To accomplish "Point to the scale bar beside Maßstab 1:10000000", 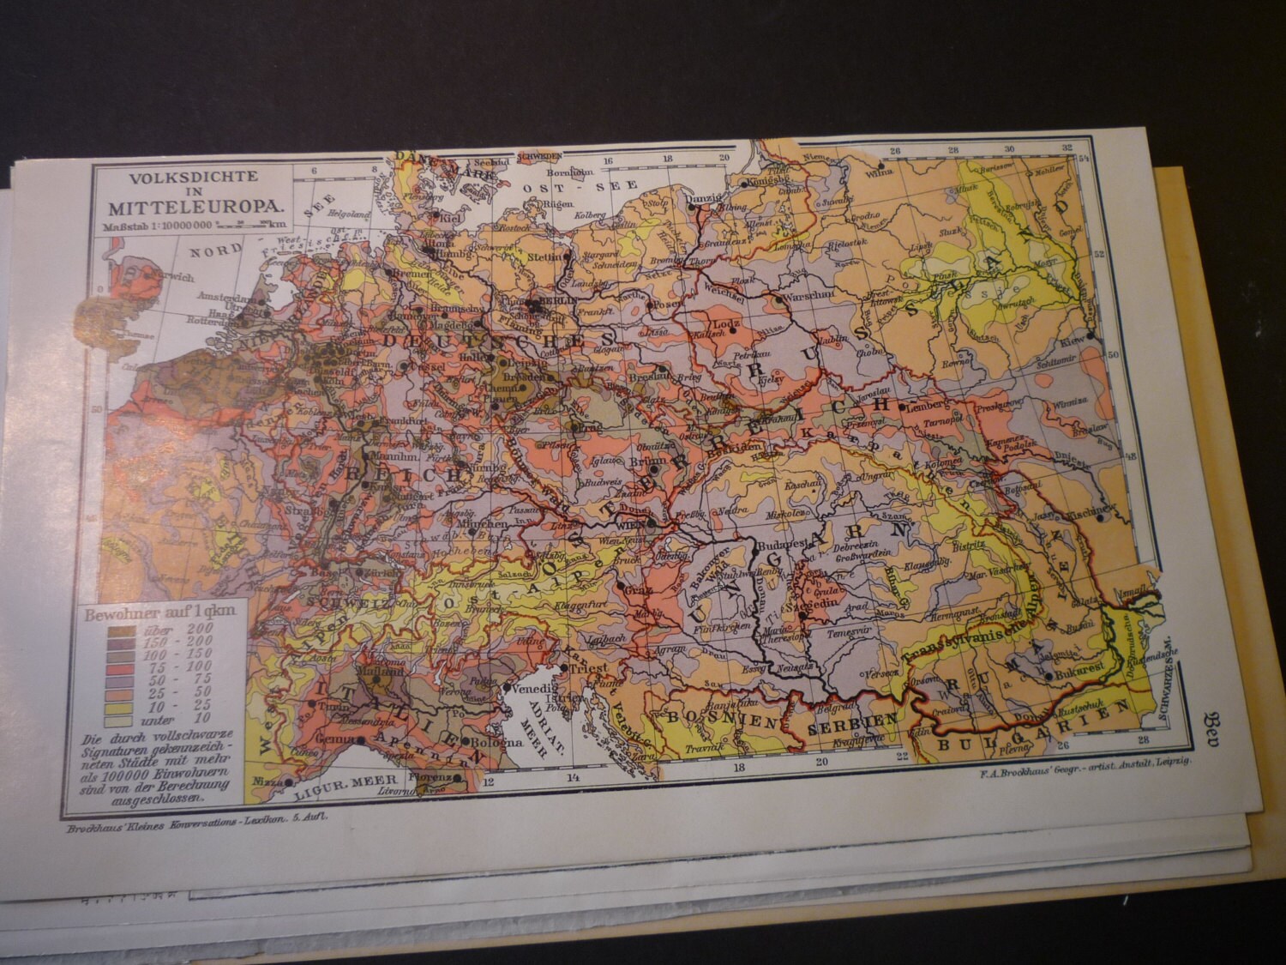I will (x=249, y=225).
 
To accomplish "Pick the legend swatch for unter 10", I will (x=121, y=719).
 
